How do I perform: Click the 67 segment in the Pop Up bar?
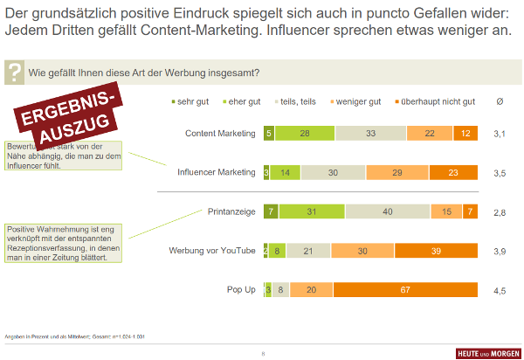(405, 290)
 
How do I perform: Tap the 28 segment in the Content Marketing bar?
(305, 134)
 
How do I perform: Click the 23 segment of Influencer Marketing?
(453, 173)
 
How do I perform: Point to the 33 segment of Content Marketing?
(370, 134)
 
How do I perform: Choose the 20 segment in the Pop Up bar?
(311, 290)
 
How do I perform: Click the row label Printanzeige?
(231, 211)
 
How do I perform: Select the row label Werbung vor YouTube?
(211, 251)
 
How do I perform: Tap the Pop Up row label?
(241, 290)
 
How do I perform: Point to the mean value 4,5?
(500, 290)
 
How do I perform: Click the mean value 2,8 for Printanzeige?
(500, 211)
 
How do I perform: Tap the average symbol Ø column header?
(500, 101)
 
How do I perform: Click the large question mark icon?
(14, 73)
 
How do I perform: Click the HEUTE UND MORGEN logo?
(487, 353)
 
